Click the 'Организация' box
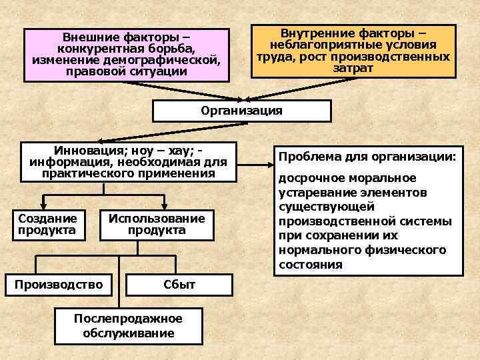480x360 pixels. [241, 111]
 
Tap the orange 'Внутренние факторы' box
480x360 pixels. [353, 51]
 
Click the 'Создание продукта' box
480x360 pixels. [48, 225]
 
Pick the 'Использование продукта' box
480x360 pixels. [157, 225]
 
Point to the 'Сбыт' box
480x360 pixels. [179, 285]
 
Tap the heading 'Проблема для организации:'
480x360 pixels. [367, 157]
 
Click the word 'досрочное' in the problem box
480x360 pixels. [308, 178]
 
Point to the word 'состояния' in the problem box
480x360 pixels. [310, 265]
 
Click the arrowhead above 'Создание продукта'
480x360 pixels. [44, 206]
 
